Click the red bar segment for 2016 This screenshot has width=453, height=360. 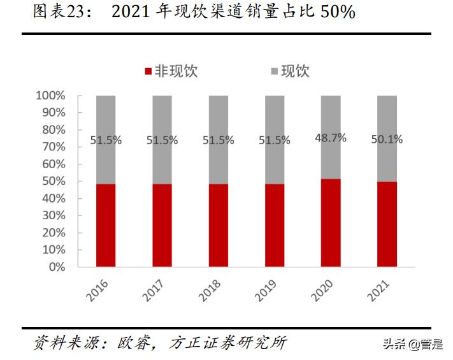(x=106, y=225)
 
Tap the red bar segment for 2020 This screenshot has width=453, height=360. (x=331, y=222)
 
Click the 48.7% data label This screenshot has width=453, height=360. (x=331, y=138)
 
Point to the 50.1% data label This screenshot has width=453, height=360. (x=387, y=139)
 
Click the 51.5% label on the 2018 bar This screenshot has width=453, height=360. (x=218, y=140)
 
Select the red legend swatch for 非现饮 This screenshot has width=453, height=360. (x=148, y=71)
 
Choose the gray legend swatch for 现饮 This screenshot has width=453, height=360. (x=275, y=71)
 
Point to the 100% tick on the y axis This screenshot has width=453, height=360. (x=50, y=96)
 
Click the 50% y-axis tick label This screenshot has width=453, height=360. (x=53, y=181)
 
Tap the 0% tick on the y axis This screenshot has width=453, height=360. (x=56, y=267)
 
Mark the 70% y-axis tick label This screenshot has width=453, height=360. (x=53, y=147)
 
